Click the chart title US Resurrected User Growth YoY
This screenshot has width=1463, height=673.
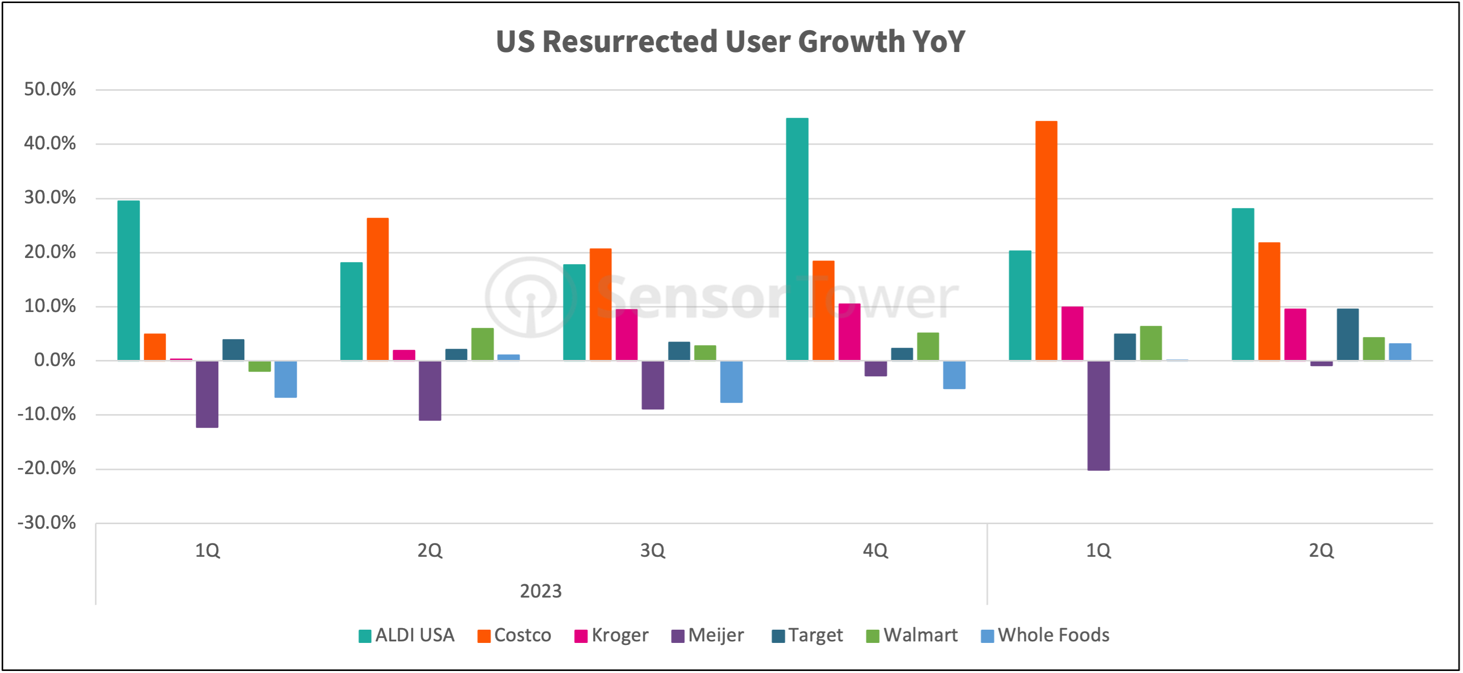pos(730,41)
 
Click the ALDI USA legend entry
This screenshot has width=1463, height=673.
pos(406,635)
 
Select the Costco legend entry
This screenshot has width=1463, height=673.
pos(515,635)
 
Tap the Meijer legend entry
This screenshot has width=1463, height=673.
pos(708,635)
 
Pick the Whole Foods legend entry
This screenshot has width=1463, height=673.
pos(1045,635)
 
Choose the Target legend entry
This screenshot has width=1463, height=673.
pos(807,635)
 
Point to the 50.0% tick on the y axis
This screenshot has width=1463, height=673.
pos(50,89)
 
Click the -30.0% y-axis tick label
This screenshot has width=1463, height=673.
pos(46,523)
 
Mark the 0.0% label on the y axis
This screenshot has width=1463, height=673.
pos(55,360)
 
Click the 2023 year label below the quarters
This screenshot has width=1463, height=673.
pos(541,591)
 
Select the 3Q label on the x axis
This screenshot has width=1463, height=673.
pos(653,550)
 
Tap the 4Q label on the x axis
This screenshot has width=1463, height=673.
pos(875,550)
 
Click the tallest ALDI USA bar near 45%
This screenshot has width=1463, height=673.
pos(797,239)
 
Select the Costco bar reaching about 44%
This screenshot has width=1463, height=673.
pos(1046,241)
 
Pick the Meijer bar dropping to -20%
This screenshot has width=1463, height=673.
pos(1098,416)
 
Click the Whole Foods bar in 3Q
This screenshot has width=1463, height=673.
pos(731,382)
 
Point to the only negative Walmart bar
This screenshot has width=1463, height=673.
pos(260,366)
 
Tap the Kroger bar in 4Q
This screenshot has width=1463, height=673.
pos(849,332)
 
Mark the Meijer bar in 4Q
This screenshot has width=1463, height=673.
pos(875,369)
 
